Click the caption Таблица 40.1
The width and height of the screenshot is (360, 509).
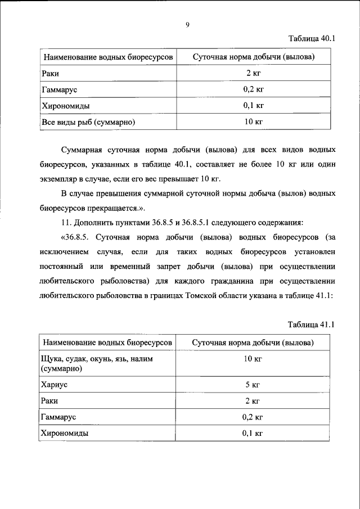312,39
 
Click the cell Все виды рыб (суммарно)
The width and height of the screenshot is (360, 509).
89,121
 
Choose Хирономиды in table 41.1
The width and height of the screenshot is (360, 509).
66,433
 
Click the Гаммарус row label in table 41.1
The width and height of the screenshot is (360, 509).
58,417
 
